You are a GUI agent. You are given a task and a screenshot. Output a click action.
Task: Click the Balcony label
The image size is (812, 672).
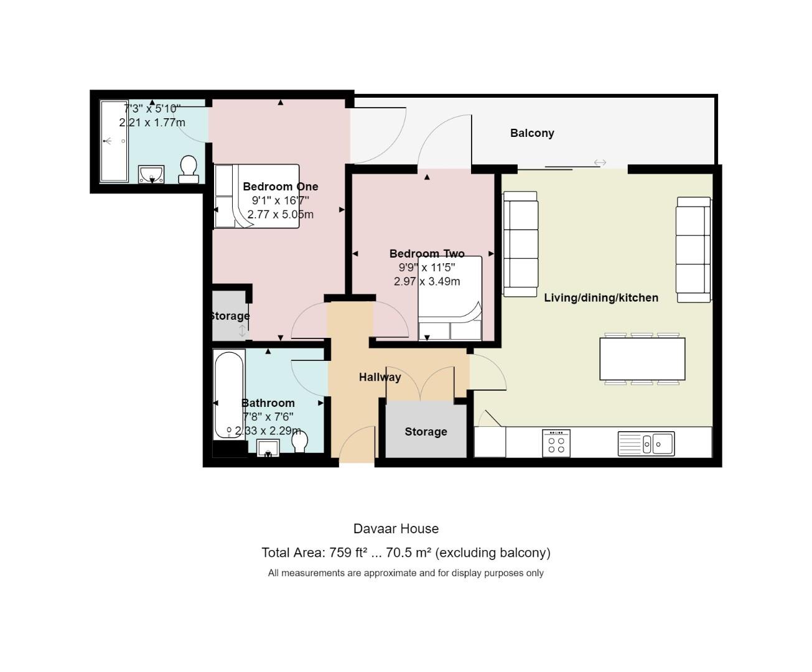[532, 133]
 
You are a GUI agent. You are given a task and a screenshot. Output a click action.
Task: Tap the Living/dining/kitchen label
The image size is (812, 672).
[601, 298]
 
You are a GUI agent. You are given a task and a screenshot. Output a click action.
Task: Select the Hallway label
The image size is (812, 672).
[380, 377]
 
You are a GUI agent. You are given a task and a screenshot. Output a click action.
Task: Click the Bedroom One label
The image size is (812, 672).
[280, 187]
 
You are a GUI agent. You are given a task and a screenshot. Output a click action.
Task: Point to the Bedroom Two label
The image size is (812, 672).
[427, 254]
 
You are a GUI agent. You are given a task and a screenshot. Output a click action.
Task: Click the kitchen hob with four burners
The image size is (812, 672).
[556, 444]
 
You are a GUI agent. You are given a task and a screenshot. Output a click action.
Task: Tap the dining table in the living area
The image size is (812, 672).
[642, 359]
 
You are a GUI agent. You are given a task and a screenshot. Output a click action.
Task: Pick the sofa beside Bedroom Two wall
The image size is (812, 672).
[520, 244]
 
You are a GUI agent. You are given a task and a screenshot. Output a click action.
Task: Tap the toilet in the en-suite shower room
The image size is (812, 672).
[189, 170]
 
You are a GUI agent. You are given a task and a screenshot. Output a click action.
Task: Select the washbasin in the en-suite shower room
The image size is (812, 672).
[151, 174]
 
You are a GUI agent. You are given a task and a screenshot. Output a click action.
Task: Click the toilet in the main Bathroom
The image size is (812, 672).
[299, 442]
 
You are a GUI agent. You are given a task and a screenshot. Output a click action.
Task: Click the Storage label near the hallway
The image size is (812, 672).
[426, 432]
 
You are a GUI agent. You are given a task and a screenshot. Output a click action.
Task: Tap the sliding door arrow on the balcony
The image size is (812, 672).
[600, 162]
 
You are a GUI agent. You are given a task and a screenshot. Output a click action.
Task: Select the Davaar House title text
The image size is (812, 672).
[396, 529]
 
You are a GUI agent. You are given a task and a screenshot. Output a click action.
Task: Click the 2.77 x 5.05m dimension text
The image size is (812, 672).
[280, 215]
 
